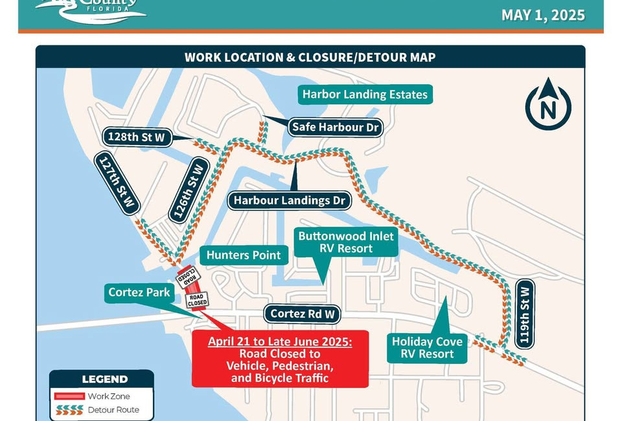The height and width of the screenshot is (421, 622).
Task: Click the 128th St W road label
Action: click(x=137, y=137)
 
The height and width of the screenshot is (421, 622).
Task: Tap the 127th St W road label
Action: click(x=118, y=183)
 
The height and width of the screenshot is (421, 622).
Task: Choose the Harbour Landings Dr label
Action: click(x=289, y=200)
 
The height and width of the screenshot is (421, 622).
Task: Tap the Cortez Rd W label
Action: click(x=303, y=314)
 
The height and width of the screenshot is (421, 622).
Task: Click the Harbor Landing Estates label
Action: click(x=365, y=95)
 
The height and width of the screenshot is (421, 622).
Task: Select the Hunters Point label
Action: click(x=244, y=255)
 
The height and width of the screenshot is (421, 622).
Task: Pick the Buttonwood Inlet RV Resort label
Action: click(x=345, y=242)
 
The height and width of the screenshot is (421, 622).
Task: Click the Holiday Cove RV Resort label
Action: click(x=427, y=347)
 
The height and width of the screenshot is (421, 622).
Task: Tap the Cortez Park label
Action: click(x=139, y=292)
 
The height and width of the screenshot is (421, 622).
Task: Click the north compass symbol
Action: click(x=548, y=106)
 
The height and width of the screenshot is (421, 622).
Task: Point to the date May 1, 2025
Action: click(x=543, y=15)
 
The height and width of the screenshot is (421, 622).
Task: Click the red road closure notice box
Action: click(x=280, y=359)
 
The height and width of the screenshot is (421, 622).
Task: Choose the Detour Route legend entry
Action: click(x=113, y=410)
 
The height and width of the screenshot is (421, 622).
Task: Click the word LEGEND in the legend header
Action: click(x=104, y=379)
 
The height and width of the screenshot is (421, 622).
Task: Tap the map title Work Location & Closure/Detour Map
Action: click(x=310, y=57)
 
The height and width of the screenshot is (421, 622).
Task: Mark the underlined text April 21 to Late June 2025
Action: click(x=280, y=341)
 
